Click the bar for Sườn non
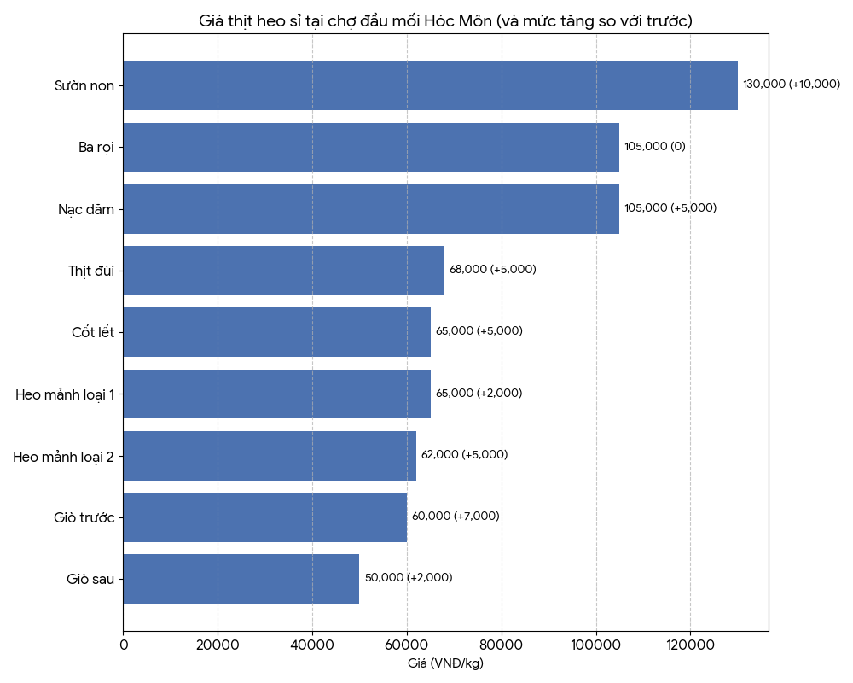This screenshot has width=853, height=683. (x=430, y=85)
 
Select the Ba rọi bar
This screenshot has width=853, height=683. (x=371, y=147)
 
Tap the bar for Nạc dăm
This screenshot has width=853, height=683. (x=371, y=209)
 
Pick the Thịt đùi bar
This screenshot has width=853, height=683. (x=283, y=271)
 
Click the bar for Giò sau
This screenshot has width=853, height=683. (x=241, y=579)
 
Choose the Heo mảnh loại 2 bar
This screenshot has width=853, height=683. (x=270, y=456)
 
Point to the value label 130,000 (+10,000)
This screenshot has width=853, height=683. (x=792, y=85)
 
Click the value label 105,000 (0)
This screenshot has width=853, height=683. (x=655, y=146)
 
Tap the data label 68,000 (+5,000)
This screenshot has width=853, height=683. (x=493, y=270)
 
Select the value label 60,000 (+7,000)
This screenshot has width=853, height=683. (x=456, y=517)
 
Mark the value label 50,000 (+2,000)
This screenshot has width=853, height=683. (x=409, y=578)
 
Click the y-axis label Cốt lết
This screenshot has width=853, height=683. (x=93, y=332)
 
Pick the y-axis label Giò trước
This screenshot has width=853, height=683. (x=84, y=517)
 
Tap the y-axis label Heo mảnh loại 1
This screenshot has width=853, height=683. (x=65, y=394)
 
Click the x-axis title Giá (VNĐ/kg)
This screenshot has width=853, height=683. (x=445, y=663)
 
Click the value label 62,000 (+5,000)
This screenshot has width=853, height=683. (x=464, y=455)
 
